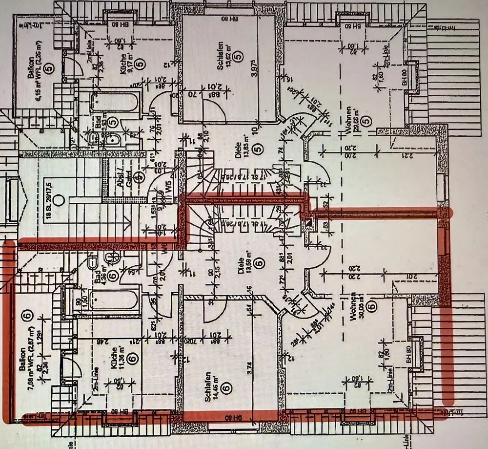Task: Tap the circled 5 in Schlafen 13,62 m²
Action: (x=238, y=57)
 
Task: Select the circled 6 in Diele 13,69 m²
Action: (x=259, y=263)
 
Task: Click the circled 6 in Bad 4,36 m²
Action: (x=112, y=276)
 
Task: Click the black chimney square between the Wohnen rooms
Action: (x=308, y=223)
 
